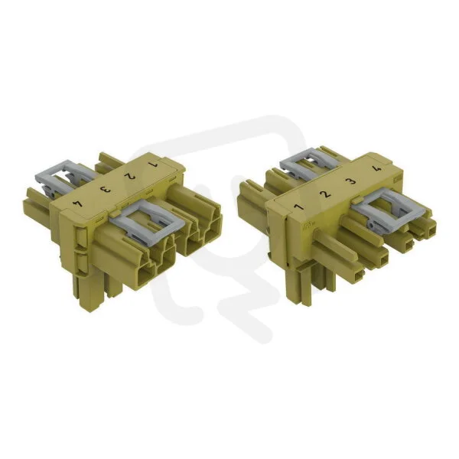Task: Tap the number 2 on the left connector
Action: point(129,176)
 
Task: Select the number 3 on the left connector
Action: point(105,190)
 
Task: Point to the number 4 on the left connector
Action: point(78,203)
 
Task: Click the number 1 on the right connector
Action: point(298,207)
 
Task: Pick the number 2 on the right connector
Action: point(325,194)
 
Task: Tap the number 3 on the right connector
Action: point(351,181)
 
